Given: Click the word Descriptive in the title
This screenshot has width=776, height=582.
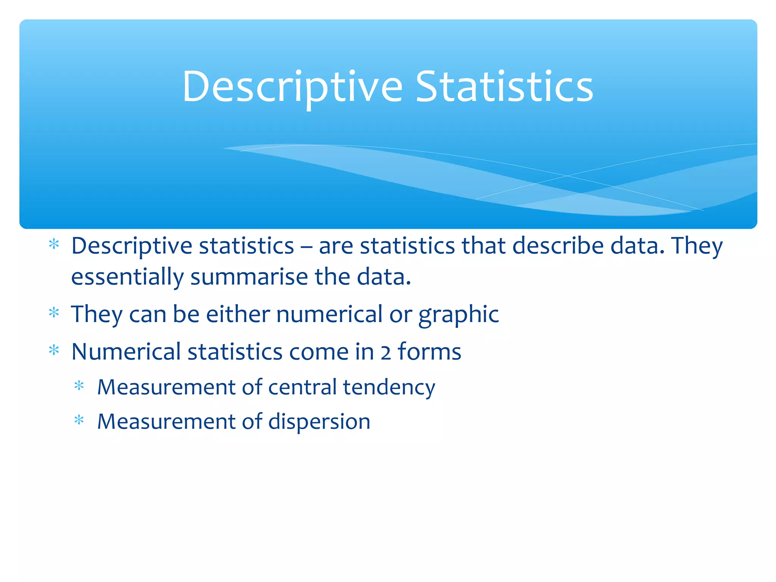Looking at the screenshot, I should point(292,87).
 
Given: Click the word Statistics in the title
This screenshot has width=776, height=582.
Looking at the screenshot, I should point(504,87).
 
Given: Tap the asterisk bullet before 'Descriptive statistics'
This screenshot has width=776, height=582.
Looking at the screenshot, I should point(54,244).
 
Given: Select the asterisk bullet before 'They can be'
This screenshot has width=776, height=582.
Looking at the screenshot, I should point(54,313).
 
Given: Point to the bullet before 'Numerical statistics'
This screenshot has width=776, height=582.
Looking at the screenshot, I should point(54,350).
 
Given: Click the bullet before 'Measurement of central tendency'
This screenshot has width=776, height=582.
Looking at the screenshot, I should point(79,386).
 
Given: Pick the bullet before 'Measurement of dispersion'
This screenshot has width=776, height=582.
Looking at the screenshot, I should point(79,421).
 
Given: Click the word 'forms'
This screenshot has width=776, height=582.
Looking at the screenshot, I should point(429,352).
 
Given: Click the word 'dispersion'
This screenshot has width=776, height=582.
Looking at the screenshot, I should point(319,422).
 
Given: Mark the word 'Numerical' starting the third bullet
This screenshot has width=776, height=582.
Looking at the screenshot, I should point(126,352).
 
